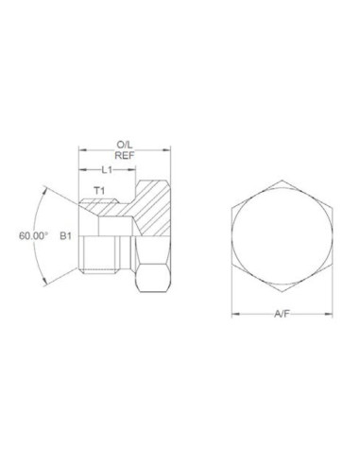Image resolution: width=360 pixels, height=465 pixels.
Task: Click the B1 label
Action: [66, 236]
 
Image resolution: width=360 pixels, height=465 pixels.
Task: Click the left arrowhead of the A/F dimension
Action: [233, 313]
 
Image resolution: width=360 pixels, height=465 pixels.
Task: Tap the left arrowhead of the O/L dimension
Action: [81, 147]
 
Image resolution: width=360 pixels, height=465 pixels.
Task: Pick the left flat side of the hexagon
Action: [231, 236]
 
